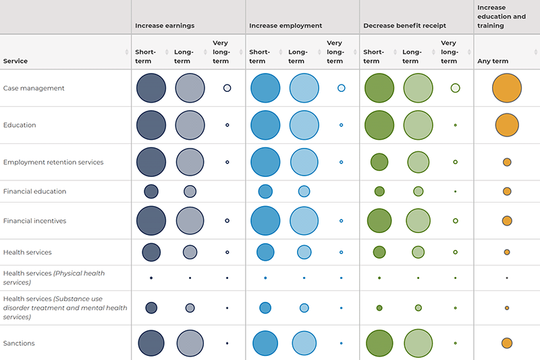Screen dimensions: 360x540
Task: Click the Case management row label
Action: coord(33,88)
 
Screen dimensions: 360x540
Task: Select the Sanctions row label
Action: coord(19,343)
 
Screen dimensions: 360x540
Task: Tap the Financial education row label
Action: coord(34,191)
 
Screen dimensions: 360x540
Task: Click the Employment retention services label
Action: coord(53,162)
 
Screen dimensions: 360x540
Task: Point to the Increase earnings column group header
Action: coord(165,26)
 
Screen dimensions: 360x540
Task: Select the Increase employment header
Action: coord(286,26)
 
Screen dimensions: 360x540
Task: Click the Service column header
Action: coord(16,61)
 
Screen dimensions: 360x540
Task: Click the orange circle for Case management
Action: coord(507,88)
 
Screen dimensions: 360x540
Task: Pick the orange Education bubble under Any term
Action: coord(507,125)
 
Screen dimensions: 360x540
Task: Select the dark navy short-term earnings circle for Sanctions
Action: coord(151,343)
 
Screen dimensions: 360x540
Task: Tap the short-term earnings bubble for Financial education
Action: coord(151,191)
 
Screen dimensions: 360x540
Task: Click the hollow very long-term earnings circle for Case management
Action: coord(227,88)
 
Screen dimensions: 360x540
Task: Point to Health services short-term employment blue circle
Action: coord(265,252)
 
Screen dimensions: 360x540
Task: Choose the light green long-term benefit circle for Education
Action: coord(418,125)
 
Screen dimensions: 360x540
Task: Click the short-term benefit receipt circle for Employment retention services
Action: coord(379,162)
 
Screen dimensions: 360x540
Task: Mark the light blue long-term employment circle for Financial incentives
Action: coord(304,221)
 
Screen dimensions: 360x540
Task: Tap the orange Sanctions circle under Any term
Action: coord(507,343)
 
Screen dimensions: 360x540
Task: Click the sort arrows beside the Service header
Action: coord(127,52)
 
